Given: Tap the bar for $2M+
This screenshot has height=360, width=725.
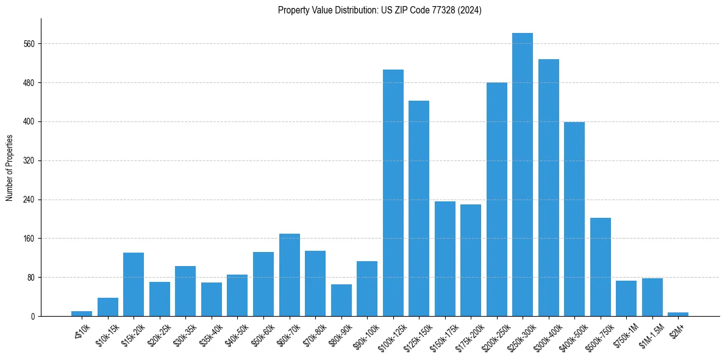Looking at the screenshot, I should point(678,314).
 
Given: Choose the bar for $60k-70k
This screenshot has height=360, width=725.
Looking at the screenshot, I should point(290,275).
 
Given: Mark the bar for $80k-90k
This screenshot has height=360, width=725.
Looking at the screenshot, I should point(341,300).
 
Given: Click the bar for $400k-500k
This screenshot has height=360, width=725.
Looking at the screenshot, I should point(574,219).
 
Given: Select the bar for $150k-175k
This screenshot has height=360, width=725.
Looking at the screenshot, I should point(445,259).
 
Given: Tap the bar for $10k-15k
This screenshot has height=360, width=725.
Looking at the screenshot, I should point(108,307).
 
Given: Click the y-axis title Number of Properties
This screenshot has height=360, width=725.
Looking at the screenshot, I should point(9,168).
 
